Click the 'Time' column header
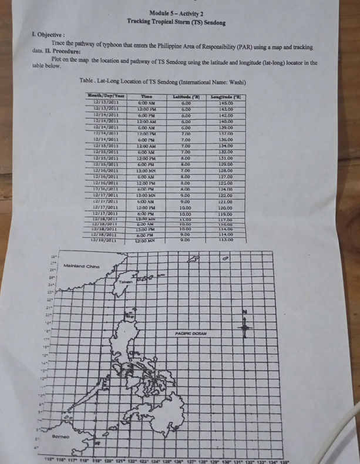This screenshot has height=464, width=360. [147, 95]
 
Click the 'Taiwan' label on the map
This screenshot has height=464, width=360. [123, 283]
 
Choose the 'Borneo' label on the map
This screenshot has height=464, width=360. [62, 437]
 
